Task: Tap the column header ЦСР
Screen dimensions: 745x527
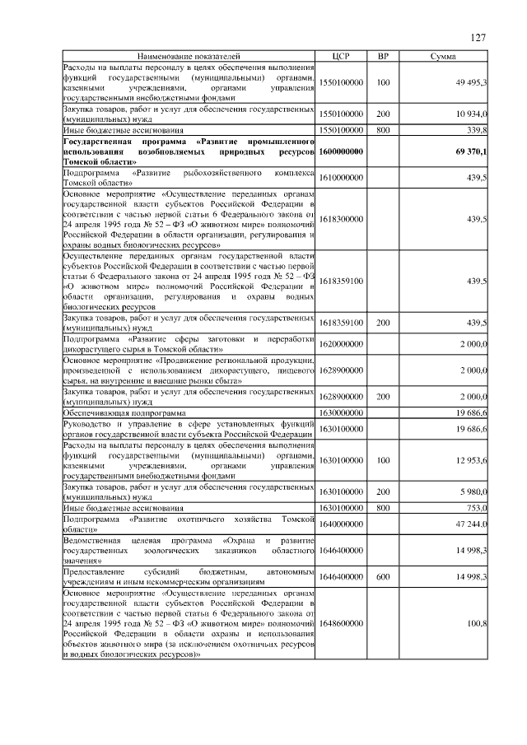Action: coord(341,56)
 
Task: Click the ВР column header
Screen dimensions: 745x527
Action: coord(382,56)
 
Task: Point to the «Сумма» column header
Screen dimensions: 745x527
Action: coord(445,56)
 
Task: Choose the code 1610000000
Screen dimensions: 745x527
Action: coord(341,179)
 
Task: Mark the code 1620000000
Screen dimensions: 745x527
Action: coord(341,343)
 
